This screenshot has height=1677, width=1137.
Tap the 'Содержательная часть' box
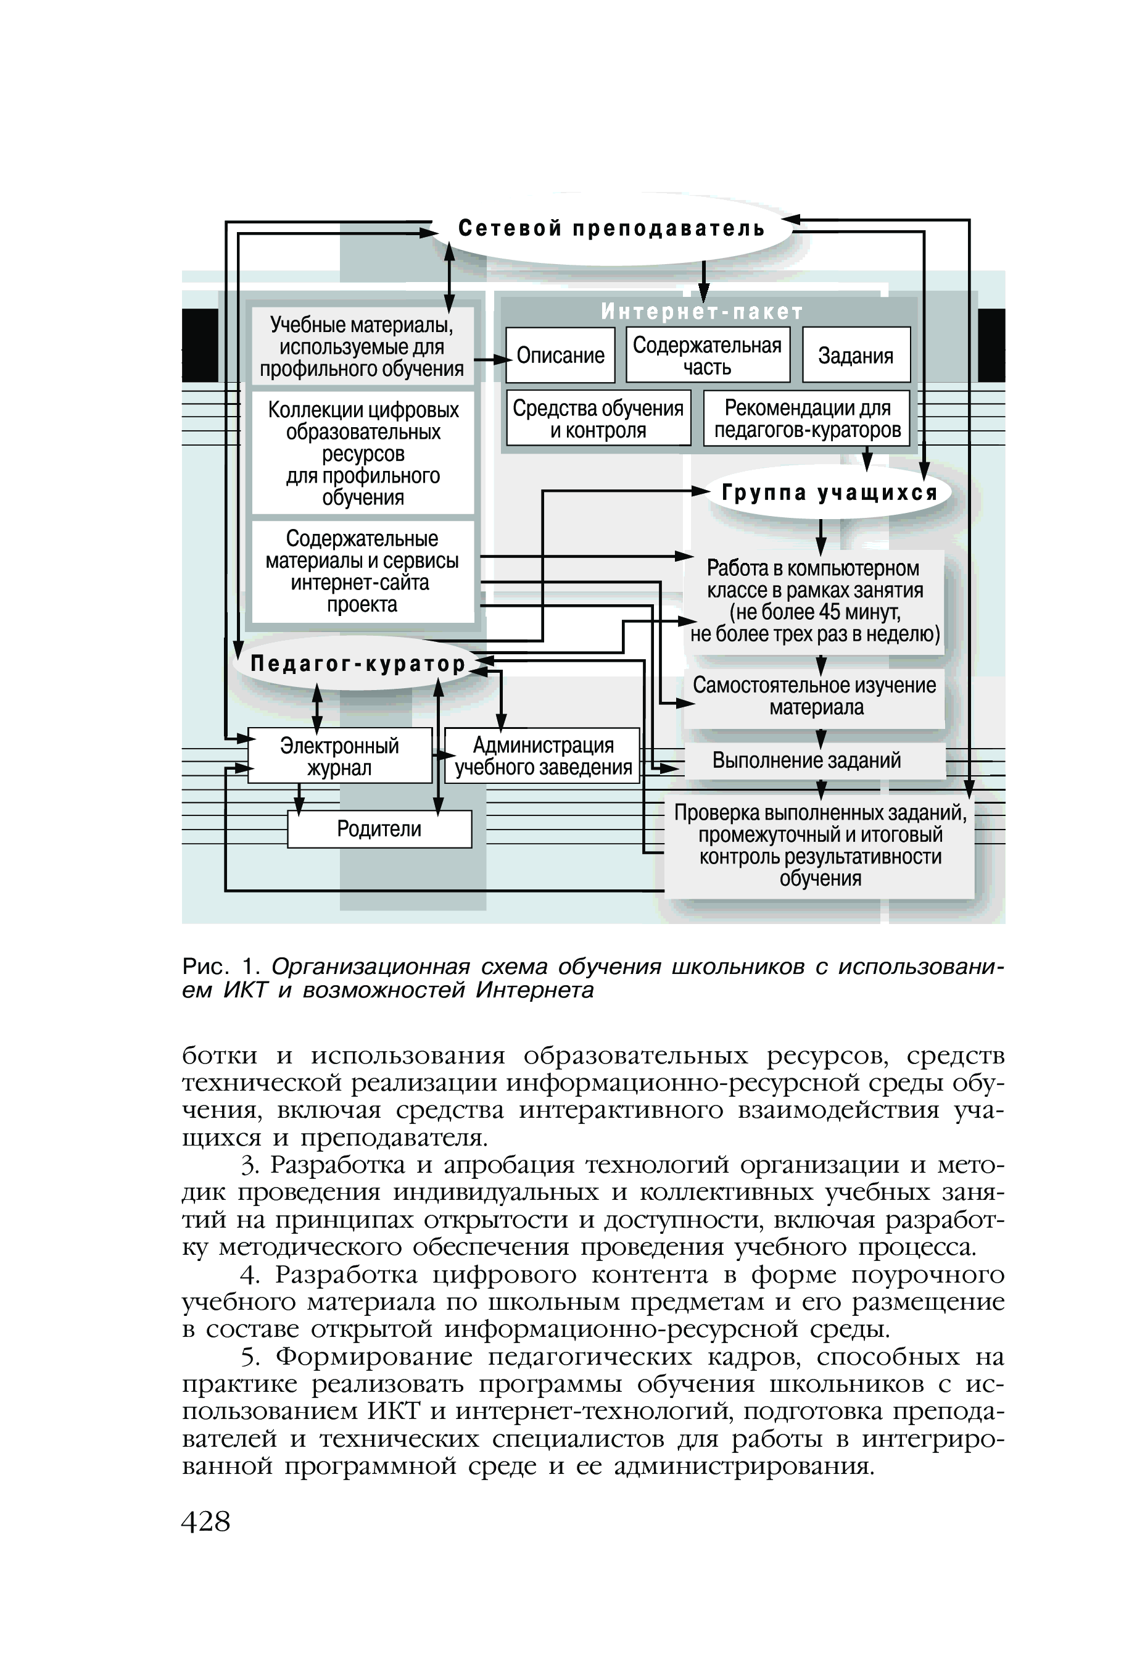coord(707,355)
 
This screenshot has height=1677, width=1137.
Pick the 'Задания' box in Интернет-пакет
coord(856,355)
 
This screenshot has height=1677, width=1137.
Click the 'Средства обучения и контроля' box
coord(598,418)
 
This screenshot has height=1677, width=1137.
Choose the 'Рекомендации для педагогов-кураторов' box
coord(806,418)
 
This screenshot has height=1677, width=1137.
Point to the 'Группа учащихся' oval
coord(830,493)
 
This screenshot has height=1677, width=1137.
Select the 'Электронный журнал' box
coord(339,755)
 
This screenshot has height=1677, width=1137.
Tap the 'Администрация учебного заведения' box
coord(542,755)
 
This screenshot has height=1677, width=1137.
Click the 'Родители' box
coord(379,828)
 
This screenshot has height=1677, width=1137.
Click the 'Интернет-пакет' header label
coord(702,312)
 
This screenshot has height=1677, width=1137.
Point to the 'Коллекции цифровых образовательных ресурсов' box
coord(363,453)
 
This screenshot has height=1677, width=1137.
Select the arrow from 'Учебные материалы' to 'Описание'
coord(491,359)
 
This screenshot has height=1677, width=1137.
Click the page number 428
coord(205,1521)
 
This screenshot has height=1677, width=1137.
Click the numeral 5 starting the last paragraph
coord(249,1358)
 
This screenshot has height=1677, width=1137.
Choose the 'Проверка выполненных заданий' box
coord(819,846)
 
